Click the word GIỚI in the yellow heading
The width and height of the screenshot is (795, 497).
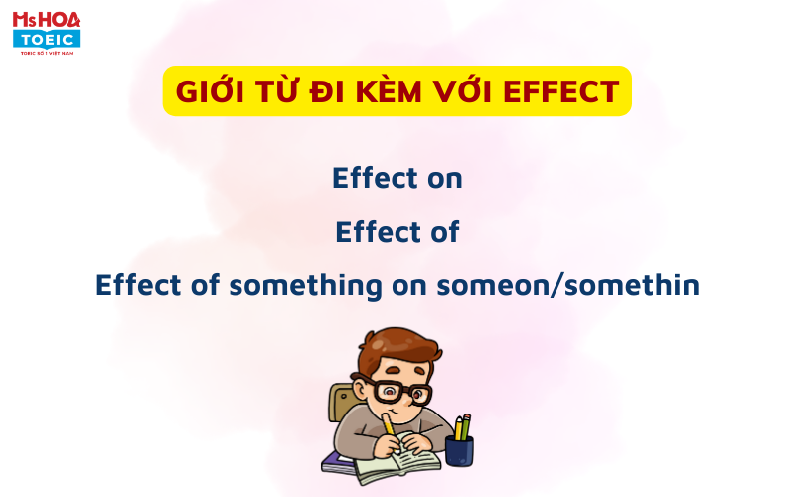pos(210,91)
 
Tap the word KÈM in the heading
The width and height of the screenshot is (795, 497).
pos(389,91)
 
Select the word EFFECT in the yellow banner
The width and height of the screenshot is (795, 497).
pos(561,91)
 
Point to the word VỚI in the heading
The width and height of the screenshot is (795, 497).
pos(462,91)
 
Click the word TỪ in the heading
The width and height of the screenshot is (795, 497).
pos(277,91)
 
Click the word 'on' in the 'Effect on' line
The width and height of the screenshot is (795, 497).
pos(444,179)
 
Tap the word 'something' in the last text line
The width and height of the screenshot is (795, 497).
pos(305,286)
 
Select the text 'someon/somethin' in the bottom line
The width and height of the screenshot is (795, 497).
pos(567,285)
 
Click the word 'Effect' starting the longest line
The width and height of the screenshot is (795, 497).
pos(138,285)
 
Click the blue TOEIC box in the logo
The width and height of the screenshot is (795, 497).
pos(47,39)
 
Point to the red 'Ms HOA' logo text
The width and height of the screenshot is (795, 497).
pos(47,20)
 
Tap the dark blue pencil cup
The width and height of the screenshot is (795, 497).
pos(459,451)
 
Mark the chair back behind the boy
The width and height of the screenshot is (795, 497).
pos(341,403)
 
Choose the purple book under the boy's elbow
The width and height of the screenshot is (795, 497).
pos(338,462)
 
